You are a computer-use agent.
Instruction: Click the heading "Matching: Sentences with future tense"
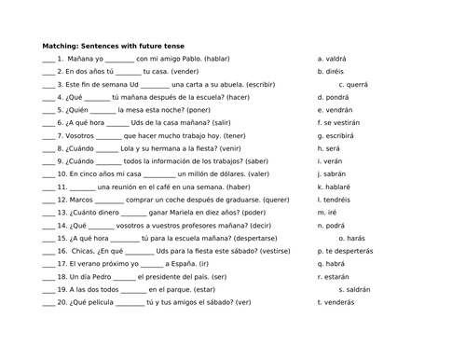coord(114,46)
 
